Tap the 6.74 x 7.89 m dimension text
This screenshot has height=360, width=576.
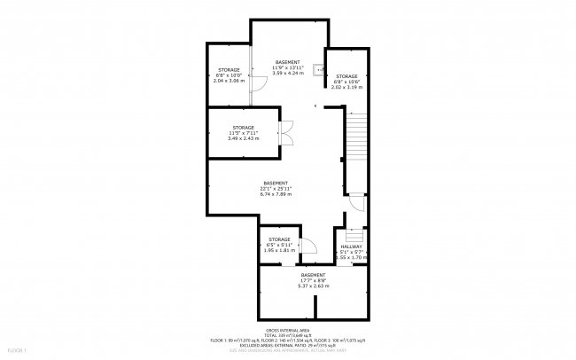[x=276, y=194]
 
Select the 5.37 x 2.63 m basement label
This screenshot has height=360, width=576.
[x=313, y=286]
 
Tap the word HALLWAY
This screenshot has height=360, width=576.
[x=353, y=245]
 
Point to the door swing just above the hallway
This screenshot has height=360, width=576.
[x=354, y=203]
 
